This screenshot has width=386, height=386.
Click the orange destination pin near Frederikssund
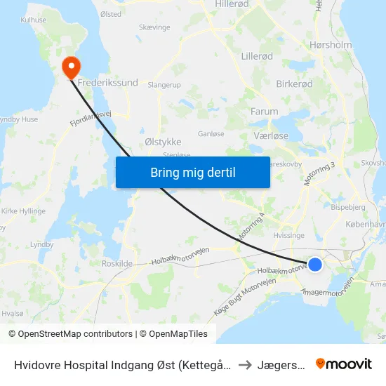(72, 67)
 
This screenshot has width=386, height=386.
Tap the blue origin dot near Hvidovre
(315, 265)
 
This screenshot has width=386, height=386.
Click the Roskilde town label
(117, 263)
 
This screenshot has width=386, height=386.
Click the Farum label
(264, 112)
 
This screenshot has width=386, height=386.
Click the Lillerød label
(256, 56)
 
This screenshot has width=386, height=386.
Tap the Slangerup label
(164, 84)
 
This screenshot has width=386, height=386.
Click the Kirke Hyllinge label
(23, 211)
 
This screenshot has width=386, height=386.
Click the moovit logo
(343, 364)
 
